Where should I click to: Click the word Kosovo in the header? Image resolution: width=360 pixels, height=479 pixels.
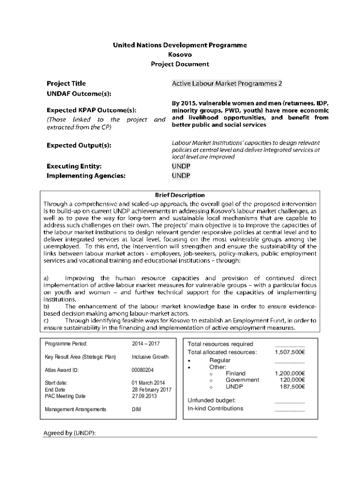pos(180,55)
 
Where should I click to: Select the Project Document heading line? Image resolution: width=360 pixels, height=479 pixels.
pos(180,64)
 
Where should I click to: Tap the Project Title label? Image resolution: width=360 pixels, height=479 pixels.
pos(66,84)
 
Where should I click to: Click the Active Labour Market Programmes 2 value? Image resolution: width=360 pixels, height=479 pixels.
pos(227,84)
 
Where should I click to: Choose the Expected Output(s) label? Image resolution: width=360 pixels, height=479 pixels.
pos(79,145)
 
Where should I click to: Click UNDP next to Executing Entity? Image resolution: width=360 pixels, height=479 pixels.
pos(181,166)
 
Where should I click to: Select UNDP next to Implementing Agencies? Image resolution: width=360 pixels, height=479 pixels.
pos(181,176)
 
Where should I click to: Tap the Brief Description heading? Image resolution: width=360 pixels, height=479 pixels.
pos(180,195)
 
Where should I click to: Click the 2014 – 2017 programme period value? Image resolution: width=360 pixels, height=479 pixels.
pos(146,344)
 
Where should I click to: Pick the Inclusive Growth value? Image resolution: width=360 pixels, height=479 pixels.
pos(150,357)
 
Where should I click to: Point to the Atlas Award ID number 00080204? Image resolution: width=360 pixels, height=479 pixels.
pos(143,370)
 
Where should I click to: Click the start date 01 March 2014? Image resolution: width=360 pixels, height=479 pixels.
pos(148,383)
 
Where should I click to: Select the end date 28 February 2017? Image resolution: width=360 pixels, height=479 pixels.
pos(151,390)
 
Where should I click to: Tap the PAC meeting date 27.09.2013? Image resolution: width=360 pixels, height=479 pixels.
pos(144,396)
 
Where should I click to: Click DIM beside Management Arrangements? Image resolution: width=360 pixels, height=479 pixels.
pos(137,409)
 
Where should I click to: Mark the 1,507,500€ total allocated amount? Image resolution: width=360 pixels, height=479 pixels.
pos(290,352)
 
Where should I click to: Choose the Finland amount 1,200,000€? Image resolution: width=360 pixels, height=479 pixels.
pos(290,373)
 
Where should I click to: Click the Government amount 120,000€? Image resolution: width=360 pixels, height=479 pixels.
pos(292,380)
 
